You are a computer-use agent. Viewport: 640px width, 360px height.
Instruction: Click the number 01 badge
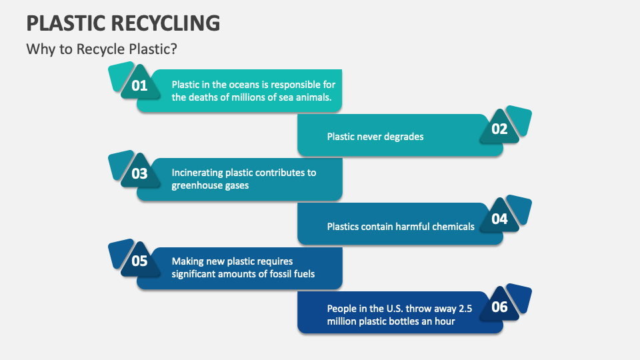(139, 85)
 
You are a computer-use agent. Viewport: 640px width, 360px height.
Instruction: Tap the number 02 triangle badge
(500, 129)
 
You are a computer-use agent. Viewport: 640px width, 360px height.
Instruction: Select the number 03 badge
(139, 174)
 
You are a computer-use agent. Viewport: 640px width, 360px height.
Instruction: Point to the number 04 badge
(500, 219)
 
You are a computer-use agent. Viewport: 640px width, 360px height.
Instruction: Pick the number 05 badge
(139, 261)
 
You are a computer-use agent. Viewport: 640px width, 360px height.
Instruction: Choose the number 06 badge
(500, 307)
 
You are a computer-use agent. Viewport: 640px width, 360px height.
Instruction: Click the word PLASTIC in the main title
(61, 23)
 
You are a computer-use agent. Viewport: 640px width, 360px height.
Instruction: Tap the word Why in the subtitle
(38, 49)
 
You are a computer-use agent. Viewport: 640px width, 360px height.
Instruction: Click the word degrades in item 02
(403, 137)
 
